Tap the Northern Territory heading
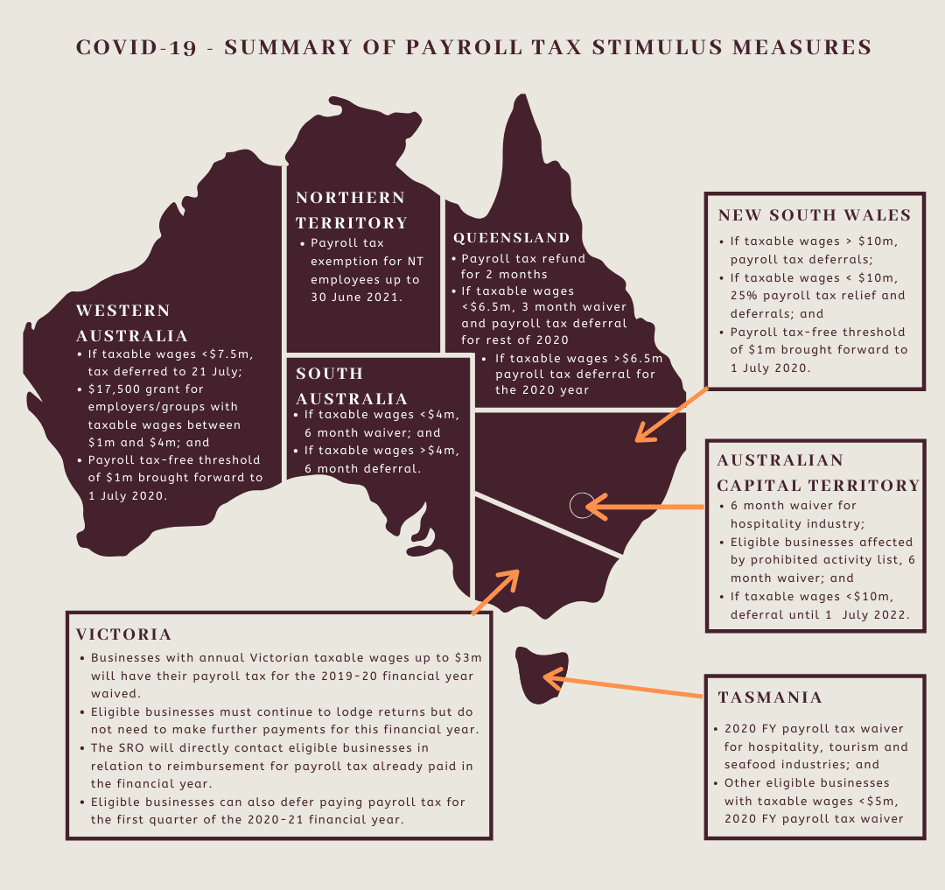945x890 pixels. coord(351,210)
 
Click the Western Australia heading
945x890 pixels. coord(132,323)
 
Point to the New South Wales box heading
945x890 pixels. coord(815,215)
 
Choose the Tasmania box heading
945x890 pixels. coord(770,697)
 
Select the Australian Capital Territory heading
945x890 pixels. coord(818,473)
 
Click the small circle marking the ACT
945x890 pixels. coord(581,505)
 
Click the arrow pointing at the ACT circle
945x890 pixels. coord(643,506)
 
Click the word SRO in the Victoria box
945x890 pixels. coord(132,748)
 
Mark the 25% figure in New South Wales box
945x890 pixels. coord(745,295)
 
